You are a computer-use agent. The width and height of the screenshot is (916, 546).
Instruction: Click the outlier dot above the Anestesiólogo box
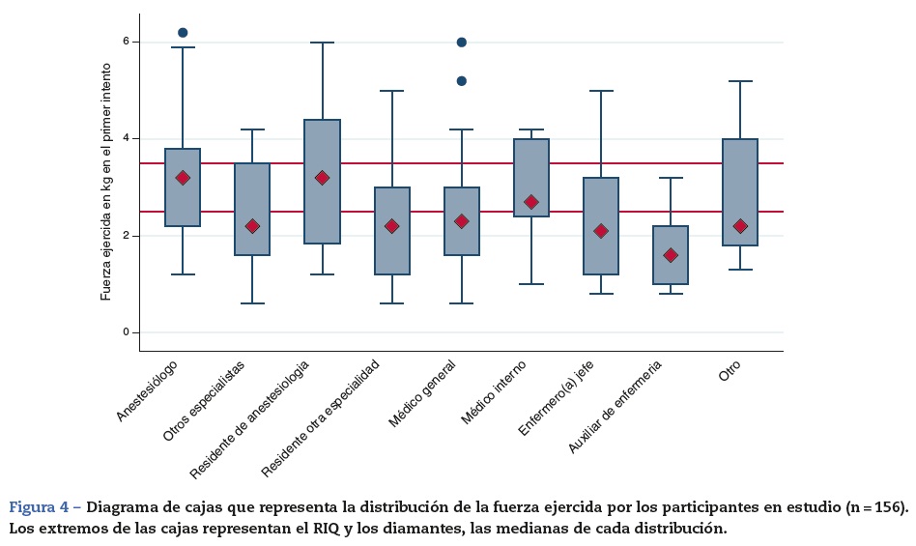pyautogui.click(x=183, y=33)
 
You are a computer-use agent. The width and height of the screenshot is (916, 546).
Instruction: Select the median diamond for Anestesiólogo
pyautogui.click(x=183, y=178)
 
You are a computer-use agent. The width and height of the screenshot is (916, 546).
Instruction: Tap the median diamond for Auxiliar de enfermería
pyautogui.click(x=671, y=255)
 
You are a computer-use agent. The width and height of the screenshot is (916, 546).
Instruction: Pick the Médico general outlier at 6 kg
pyautogui.click(x=462, y=43)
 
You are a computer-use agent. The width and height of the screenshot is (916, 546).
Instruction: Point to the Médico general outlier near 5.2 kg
pyautogui.click(x=462, y=81)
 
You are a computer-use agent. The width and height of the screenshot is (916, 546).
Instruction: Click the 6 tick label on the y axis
pyautogui.click(x=126, y=43)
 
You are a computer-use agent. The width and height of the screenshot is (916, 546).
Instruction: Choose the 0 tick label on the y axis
pyautogui.click(x=126, y=332)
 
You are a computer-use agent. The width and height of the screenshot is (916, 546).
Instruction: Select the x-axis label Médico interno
pyautogui.click(x=494, y=392)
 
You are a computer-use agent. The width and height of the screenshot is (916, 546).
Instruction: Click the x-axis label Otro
pyautogui.click(x=730, y=372)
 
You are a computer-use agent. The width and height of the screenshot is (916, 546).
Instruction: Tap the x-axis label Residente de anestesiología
pyautogui.click(x=250, y=418)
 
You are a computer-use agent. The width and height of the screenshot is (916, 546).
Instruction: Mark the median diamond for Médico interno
pyautogui.click(x=531, y=202)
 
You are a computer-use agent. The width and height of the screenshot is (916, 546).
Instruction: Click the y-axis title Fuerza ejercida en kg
pyautogui.click(x=106, y=182)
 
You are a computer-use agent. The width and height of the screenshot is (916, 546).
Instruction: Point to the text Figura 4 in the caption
pyautogui.click(x=44, y=507)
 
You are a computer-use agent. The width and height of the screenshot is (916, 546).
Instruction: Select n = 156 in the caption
pyautogui.click(x=875, y=507)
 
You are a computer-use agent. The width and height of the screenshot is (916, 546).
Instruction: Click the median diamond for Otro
pyautogui.click(x=740, y=226)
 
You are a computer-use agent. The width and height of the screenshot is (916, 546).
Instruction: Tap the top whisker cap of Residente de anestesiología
pyautogui.click(x=322, y=43)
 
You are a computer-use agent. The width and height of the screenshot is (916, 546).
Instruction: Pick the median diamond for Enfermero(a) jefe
pyautogui.click(x=601, y=231)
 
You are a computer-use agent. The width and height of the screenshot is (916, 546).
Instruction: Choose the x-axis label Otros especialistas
pyautogui.click(x=204, y=401)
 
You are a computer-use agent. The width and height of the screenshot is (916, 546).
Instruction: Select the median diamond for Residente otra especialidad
pyautogui.click(x=392, y=226)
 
